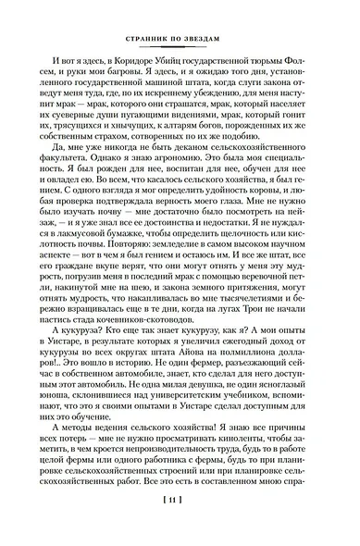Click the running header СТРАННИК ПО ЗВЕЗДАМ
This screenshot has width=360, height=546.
[180, 40]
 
